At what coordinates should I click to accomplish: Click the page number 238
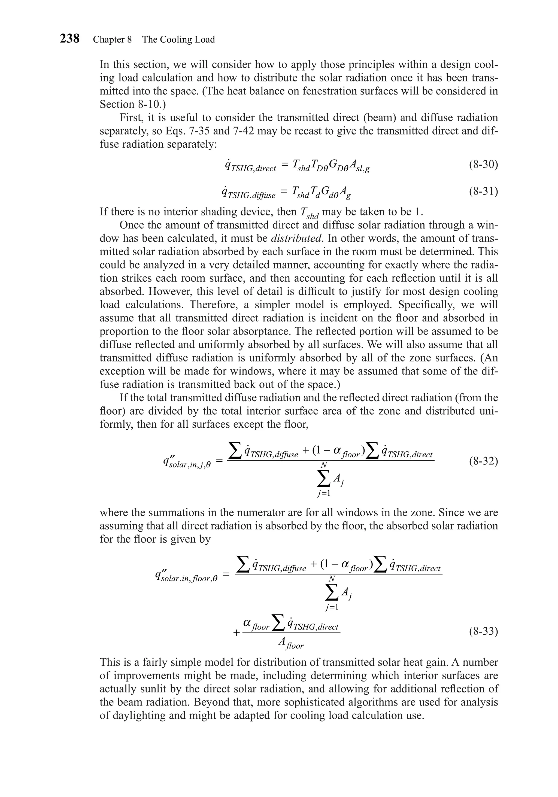[70, 39]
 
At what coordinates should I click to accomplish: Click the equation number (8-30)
[483, 165]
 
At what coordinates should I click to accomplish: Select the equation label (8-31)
[483, 191]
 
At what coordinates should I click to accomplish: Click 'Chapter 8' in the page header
[112, 39]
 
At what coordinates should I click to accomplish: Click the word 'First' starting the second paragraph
[132, 118]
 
